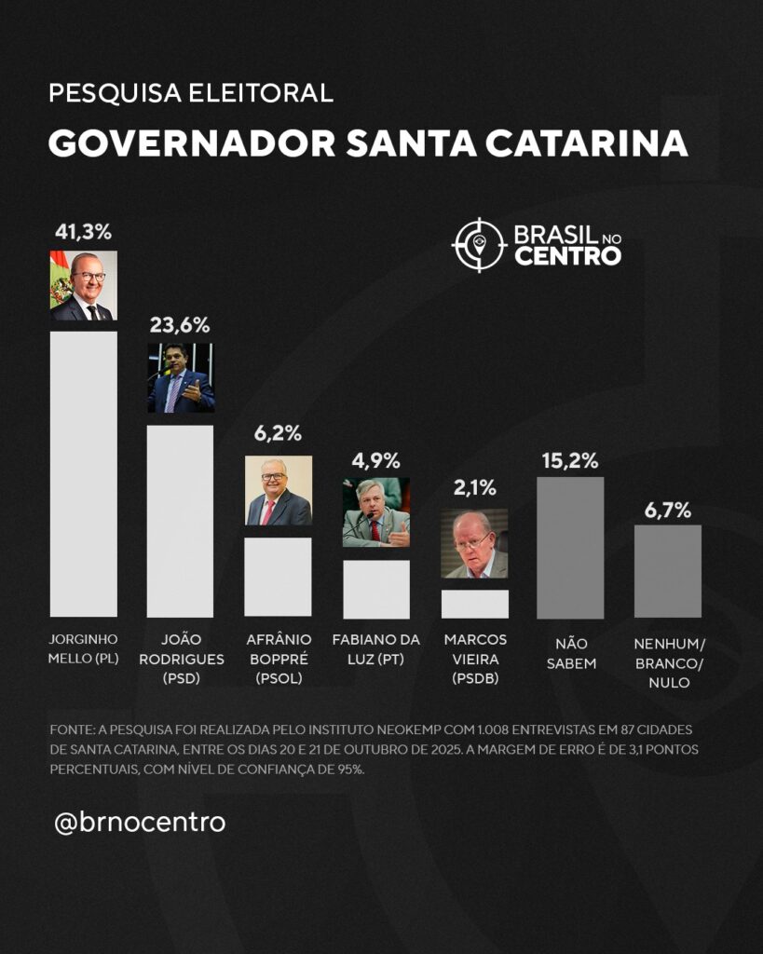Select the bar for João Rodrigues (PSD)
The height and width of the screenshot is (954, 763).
180,521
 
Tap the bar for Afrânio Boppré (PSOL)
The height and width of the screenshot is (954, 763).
278,577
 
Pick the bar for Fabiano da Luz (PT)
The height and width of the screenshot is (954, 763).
375,589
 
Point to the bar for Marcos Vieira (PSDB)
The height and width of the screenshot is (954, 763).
474,604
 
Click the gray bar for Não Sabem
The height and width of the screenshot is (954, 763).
570,548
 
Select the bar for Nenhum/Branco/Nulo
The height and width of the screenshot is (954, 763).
667,570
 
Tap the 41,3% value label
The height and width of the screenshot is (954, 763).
83,232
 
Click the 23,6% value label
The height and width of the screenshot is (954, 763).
180,325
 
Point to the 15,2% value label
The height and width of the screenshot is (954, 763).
570,460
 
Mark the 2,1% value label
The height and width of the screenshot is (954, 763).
474,487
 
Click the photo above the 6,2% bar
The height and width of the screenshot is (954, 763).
278,491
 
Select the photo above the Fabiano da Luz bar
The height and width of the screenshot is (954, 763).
375,512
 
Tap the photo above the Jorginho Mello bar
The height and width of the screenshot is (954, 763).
83,285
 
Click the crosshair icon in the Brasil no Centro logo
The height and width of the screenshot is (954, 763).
478,245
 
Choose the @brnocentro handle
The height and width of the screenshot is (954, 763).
140,823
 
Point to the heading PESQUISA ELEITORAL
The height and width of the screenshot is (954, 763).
190,93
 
